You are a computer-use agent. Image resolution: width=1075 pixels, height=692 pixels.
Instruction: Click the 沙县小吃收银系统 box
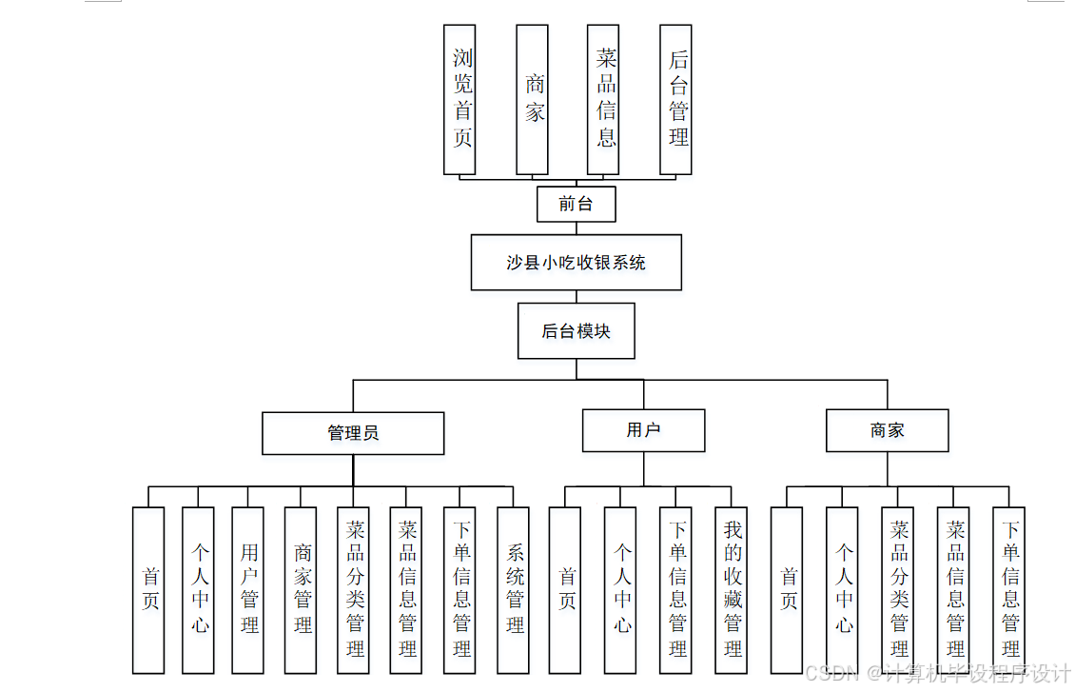(576, 262)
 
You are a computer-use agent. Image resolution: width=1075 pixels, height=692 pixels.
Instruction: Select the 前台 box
(576, 204)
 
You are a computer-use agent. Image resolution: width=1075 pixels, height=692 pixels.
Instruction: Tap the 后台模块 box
(576, 331)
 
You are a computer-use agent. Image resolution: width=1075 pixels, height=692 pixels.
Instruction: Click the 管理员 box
(353, 433)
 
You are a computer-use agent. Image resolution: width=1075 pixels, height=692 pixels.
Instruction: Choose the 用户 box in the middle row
(643, 430)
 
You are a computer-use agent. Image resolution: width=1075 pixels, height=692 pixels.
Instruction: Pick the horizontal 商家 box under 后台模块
(887, 430)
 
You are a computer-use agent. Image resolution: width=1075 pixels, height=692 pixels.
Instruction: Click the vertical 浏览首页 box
(459, 99)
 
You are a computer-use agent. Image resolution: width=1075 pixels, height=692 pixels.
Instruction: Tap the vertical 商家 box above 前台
(532, 99)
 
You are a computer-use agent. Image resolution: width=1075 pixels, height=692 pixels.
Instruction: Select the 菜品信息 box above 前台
(604, 99)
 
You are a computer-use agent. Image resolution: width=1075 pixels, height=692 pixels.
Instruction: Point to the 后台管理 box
(675, 99)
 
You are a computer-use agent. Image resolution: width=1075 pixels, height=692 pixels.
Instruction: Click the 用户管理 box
(248, 589)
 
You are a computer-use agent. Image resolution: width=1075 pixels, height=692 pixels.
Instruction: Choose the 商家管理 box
(301, 589)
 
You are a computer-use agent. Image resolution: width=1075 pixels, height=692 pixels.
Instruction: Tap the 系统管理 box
(514, 589)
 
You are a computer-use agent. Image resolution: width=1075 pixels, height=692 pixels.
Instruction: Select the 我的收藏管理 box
(732, 589)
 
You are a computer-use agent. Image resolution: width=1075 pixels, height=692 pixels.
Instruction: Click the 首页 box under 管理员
(148, 589)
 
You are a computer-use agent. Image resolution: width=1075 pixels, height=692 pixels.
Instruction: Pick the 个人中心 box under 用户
(620, 589)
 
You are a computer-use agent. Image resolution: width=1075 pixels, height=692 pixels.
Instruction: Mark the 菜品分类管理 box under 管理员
(354, 589)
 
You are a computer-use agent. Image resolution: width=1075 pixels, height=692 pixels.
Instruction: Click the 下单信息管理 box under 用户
(675, 589)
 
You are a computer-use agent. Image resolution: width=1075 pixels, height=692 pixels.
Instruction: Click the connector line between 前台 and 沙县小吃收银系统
(576, 227)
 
